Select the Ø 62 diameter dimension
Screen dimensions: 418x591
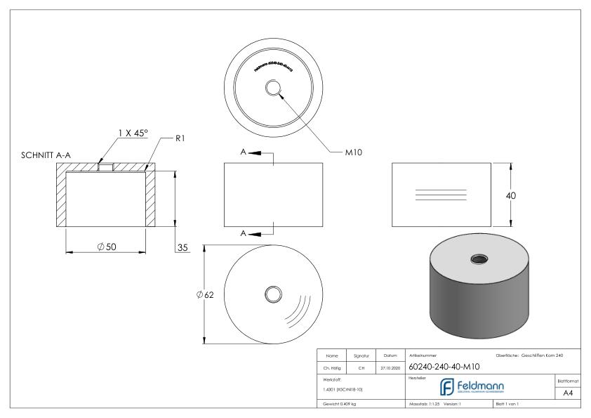pos(205,294)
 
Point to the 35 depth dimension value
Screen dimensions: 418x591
pos(182,247)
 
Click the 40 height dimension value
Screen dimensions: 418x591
pos(510,195)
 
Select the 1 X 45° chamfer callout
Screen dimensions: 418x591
pos(133,133)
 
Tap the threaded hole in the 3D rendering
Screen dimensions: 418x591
pos(479,259)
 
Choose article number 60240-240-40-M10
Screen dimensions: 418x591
pos(444,366)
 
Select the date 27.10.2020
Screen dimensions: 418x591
pos(389,367)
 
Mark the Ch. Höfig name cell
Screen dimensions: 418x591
pos(331,367)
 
